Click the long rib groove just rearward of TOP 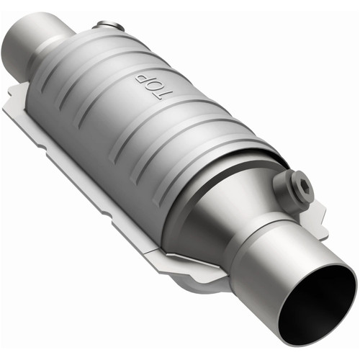[126, 101]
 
